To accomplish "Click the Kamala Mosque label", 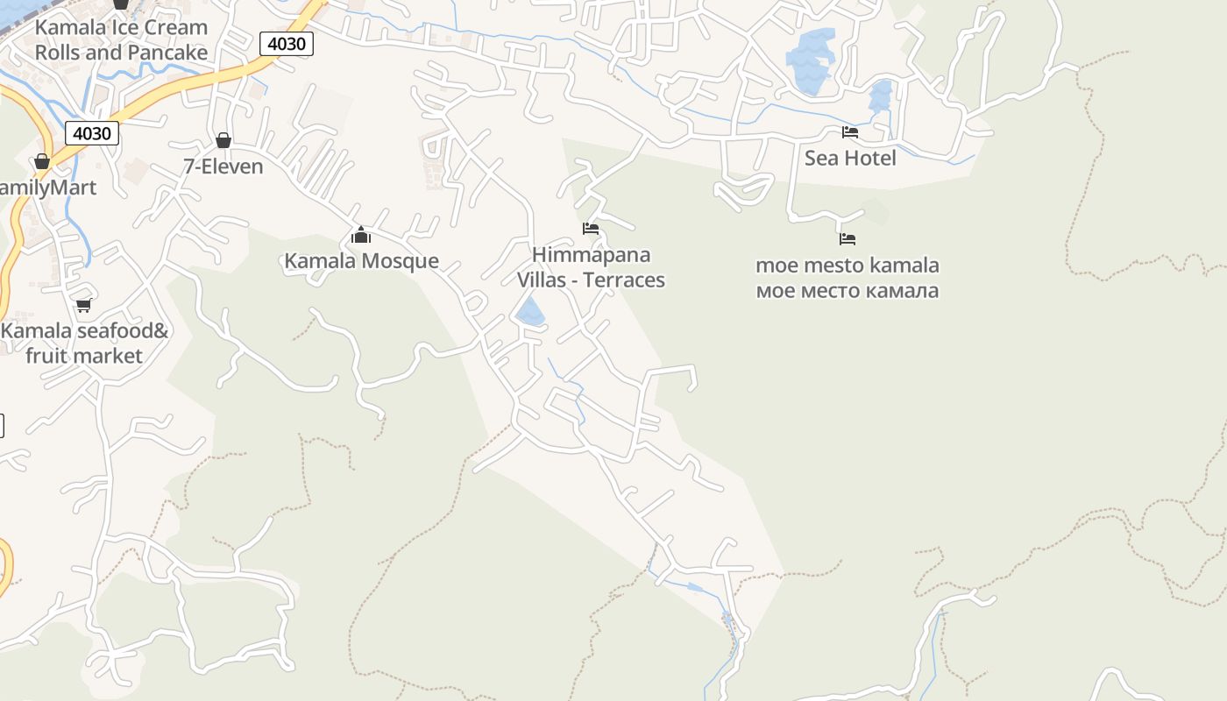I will (x=361, y=261).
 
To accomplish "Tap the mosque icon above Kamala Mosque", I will (x=361, y=235).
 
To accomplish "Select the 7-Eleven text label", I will (x=223, y=166).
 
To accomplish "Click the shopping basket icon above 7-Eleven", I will (x=223, y=140).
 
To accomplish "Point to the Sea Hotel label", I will (x=850, y=159).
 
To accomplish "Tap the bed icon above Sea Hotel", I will (x=849, y=132).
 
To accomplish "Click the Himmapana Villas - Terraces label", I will (x=591, y=267).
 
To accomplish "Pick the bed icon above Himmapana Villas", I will (x=591, y=229).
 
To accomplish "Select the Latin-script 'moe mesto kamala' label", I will (x=847, y=266).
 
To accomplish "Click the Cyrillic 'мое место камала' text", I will (x=847, y=290).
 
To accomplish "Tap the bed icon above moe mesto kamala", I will (x=847, y=238).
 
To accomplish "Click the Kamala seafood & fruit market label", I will (x=84, y=343).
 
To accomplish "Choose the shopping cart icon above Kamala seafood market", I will (x=83, y=305).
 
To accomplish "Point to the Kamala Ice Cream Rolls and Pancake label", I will (x=121, y=39).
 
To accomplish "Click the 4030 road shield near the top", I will (x=287, y=44).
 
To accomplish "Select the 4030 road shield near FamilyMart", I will (x=91, y=133).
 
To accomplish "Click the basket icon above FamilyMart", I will (x=41, y=161).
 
